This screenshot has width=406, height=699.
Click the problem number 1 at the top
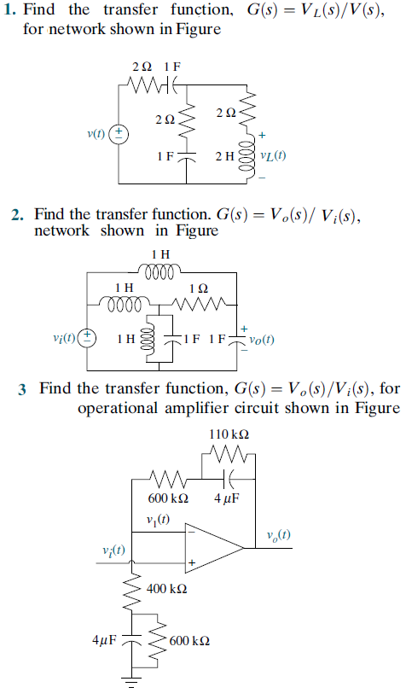(8, 10)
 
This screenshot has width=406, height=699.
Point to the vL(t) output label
(273, 156)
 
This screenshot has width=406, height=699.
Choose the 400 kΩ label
(167, 589)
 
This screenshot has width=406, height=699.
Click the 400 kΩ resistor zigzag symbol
(134, 588)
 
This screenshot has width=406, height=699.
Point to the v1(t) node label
(158, 521)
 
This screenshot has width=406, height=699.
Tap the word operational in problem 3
(120, 408)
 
